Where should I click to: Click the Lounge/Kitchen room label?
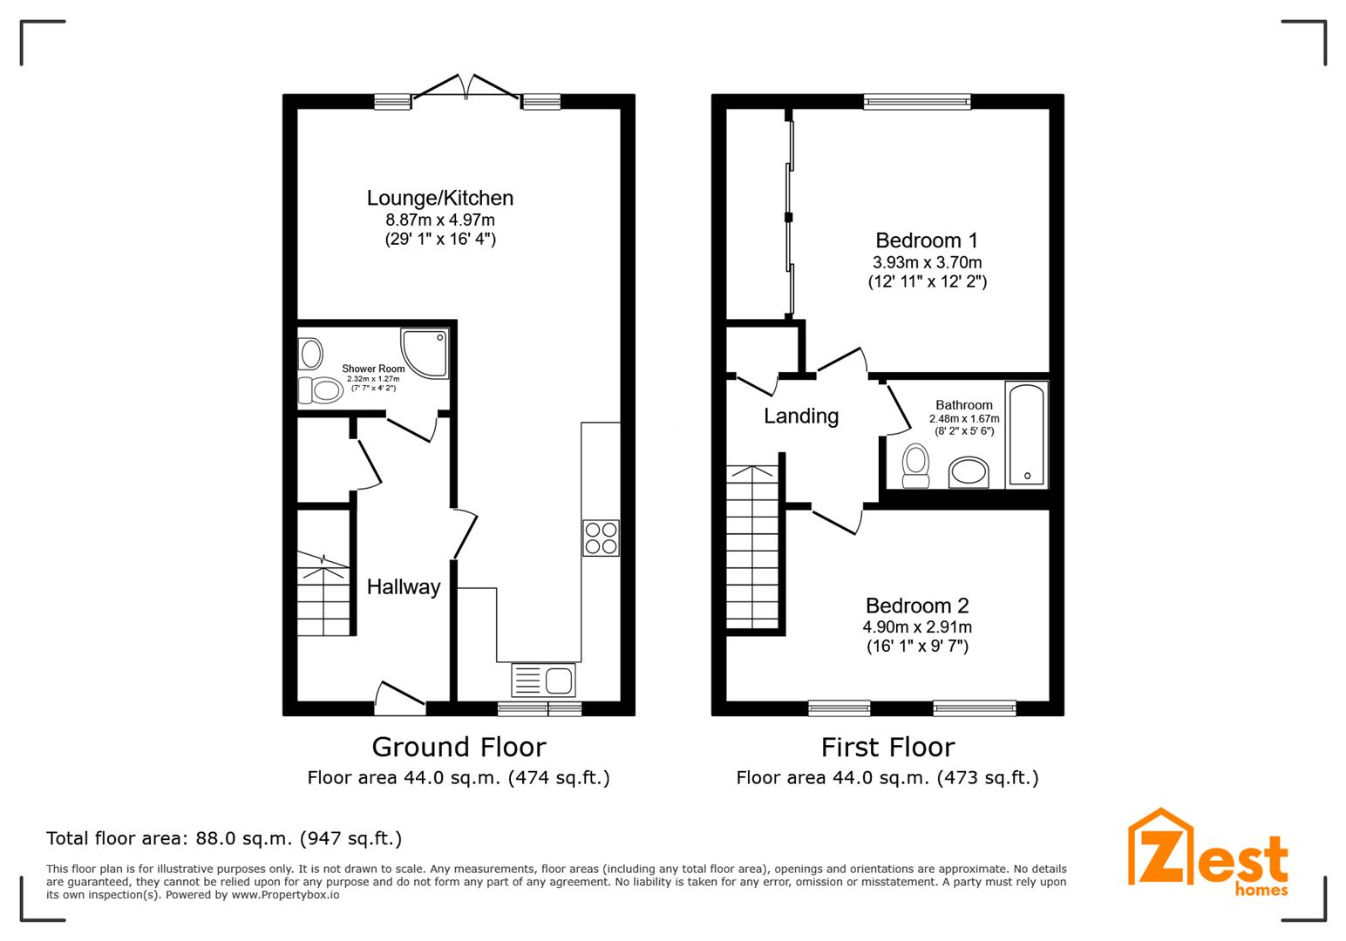pyautogui.click(x=439, y=199)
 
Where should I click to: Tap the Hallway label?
pyautogui.click(x=403, y=587)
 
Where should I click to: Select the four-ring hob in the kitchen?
pyautogui.click(x=601, y=538)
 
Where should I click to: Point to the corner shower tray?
pyautogui.click(x=425, y=353)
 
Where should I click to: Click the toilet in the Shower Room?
pyautogui.click(x=320, y=390)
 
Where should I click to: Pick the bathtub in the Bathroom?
pyautogui.click(x=1026, y=434)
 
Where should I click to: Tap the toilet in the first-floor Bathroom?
pyautogui.click(x=915, y=465)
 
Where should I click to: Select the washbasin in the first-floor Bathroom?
pyautogui.click(x=969, y=472)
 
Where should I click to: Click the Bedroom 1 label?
pyautogui.click(x=927, y=240)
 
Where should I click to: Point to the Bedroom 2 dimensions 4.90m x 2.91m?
pyautogui.click(x=917, y=627)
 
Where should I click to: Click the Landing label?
pyautogui.click(x=801, y=416)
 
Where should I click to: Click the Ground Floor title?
pyautogui.click(x=459, y=748)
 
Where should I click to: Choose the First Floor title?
pyautogui.click(x=887, y=748)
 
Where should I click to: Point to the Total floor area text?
pyautogui.click(x=224, y=839)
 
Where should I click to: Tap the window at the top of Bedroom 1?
pyautogui.click(x=916, y=102)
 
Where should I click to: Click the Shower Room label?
pyautogui.click(x=373, y=369)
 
